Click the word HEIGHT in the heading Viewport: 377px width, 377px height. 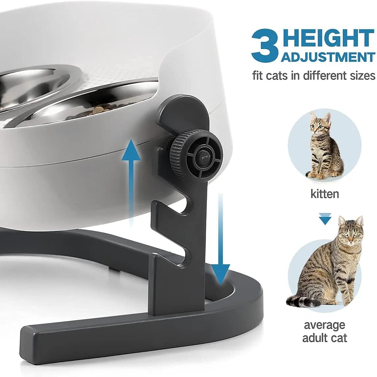point(328,39)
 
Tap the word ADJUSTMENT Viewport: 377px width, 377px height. point(328,57)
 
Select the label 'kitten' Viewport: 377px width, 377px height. point(324,194)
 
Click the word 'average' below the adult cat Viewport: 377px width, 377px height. point(324,325)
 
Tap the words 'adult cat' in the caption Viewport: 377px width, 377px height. point(324,338)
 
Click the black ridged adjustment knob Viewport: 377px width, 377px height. point(196,154)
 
